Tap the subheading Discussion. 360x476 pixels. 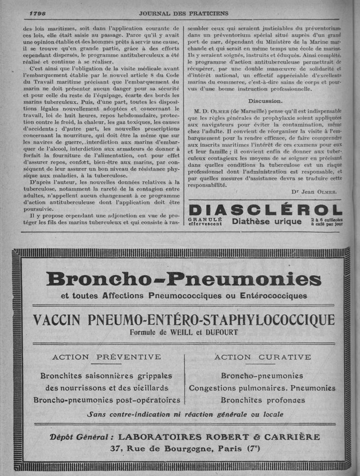click(x=265, y=101)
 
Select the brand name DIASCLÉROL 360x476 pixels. click(x=266, y=209)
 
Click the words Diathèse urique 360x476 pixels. click(x=267, y=221)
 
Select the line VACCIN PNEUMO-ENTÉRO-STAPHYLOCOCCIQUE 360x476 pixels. click(x=184, y=320)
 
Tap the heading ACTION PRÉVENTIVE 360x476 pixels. click(x=107, y=357)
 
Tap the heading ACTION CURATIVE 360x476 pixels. click(x=262, y=357)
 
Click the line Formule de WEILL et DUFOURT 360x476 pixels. click(x=184, y=333)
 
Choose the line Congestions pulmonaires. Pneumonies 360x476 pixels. click(x=262, y=388)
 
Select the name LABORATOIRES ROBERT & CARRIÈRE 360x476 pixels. click(x=219, y=437)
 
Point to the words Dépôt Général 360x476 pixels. click(x=79, y=437)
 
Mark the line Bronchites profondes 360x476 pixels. click(x=262, y=400)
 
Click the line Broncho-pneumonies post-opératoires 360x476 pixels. click(x=107, y=400)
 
